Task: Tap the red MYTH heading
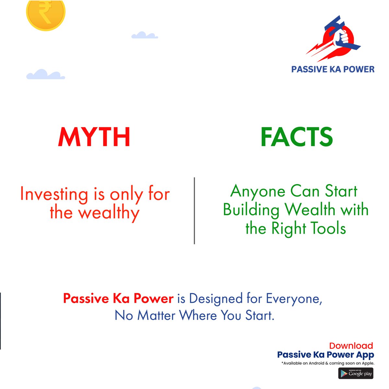tap(94, 137)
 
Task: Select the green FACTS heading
tap(296, 137)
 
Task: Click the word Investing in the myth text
tap(54, 194)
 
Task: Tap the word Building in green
tap(251, 210)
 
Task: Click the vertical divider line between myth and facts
tap(194, 211)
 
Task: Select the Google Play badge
tap(356, 373)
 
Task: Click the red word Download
tap(351, 346)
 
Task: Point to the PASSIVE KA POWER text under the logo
tap(333, 69)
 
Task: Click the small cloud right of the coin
tap(144, 35)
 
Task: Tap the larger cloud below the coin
tap(45, 75)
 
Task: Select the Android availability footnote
tap(328, 363)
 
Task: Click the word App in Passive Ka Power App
tap(365, 355)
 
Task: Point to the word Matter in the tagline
tap(157, 315)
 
